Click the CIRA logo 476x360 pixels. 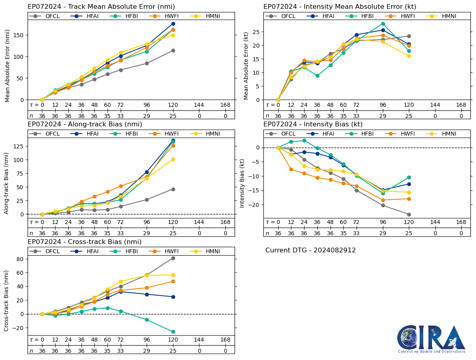pyautogui.click(x=431, y=339)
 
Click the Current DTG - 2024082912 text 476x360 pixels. pyautogui.click(x=311, y=250)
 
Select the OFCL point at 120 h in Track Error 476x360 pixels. pyautogui.click(x=173, y=50)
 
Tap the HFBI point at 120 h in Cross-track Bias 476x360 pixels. pyautogui.click(x=173, y=332)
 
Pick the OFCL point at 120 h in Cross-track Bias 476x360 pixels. pyautogui.click(x=173, y=258)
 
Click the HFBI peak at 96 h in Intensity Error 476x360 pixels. pyautogui.click(x=383, y=24)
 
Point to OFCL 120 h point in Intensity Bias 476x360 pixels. pyautogui.click(x=409, y=214)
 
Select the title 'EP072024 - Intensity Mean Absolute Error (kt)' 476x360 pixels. pyautogui.click(x=340, y=7)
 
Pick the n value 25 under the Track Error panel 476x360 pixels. pyautogui.click(x=173, y=116)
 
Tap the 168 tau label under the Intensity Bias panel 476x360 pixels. pyautogui.click(x=461, y=222)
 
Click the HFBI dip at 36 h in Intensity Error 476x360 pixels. pyautogui.click(x=317, y=76)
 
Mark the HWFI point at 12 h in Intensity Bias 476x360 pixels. pyautogui.click(x=291, y=169)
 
